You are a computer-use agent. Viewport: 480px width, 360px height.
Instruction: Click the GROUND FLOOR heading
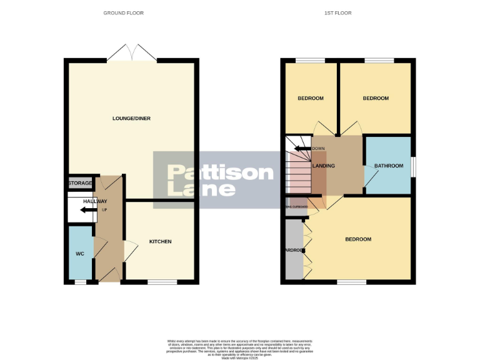point(123,12)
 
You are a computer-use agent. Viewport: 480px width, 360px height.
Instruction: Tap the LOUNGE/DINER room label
point(131,118)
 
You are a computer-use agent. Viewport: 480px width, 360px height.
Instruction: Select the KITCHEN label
point(160,241)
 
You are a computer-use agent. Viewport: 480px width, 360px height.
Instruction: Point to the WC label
point(79,254)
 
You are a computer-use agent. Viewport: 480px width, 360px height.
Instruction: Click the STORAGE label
point(80,183)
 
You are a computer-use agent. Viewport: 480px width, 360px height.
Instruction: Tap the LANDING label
point(324,166)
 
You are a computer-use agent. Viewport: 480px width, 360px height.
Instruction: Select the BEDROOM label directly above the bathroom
point(376,98)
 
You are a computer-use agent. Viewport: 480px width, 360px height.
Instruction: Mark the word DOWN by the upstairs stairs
point(318,148)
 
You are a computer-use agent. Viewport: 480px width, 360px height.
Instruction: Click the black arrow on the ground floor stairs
point(88,209)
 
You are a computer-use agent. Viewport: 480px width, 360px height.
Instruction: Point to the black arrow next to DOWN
point(302,148)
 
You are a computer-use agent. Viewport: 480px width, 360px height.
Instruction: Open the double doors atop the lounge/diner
point(131,53)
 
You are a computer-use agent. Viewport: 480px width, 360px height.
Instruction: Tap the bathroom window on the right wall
point(413,166)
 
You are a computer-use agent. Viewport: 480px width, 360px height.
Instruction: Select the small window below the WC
point(79,282)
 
